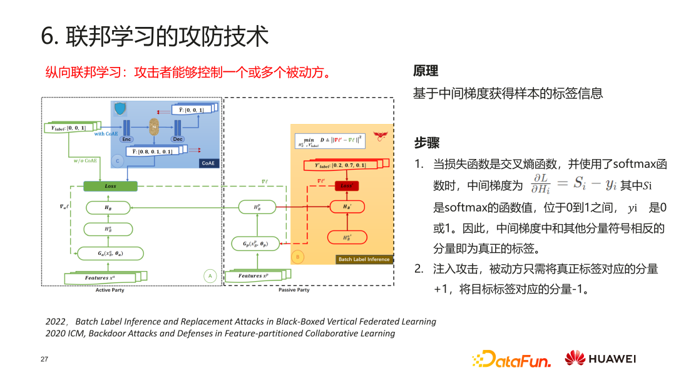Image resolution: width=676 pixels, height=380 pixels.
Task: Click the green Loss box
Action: (110, 186)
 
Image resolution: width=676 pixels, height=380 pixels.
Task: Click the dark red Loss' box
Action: (346, 186)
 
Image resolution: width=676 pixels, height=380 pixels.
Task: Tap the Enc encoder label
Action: (126, 139)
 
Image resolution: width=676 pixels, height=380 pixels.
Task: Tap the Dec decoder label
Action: (178, 139)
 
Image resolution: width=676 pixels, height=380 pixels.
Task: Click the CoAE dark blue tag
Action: (209, 163)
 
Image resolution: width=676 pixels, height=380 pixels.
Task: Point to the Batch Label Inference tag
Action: (364, 259)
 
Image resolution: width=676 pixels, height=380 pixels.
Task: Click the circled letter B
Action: (298, 257)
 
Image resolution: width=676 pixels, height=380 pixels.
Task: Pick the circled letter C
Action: (117, 161)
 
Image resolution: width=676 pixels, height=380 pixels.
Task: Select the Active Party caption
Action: (110, 290)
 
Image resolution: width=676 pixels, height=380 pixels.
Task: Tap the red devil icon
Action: (379, 135)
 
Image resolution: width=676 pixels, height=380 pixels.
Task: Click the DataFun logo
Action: (511, 359)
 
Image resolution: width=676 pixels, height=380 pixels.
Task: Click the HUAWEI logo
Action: (600, 359)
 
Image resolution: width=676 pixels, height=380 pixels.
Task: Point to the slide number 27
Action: (44, 359)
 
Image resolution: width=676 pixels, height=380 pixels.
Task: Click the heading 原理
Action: (426, 71)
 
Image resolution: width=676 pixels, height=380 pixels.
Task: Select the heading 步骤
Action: (426, 143)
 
